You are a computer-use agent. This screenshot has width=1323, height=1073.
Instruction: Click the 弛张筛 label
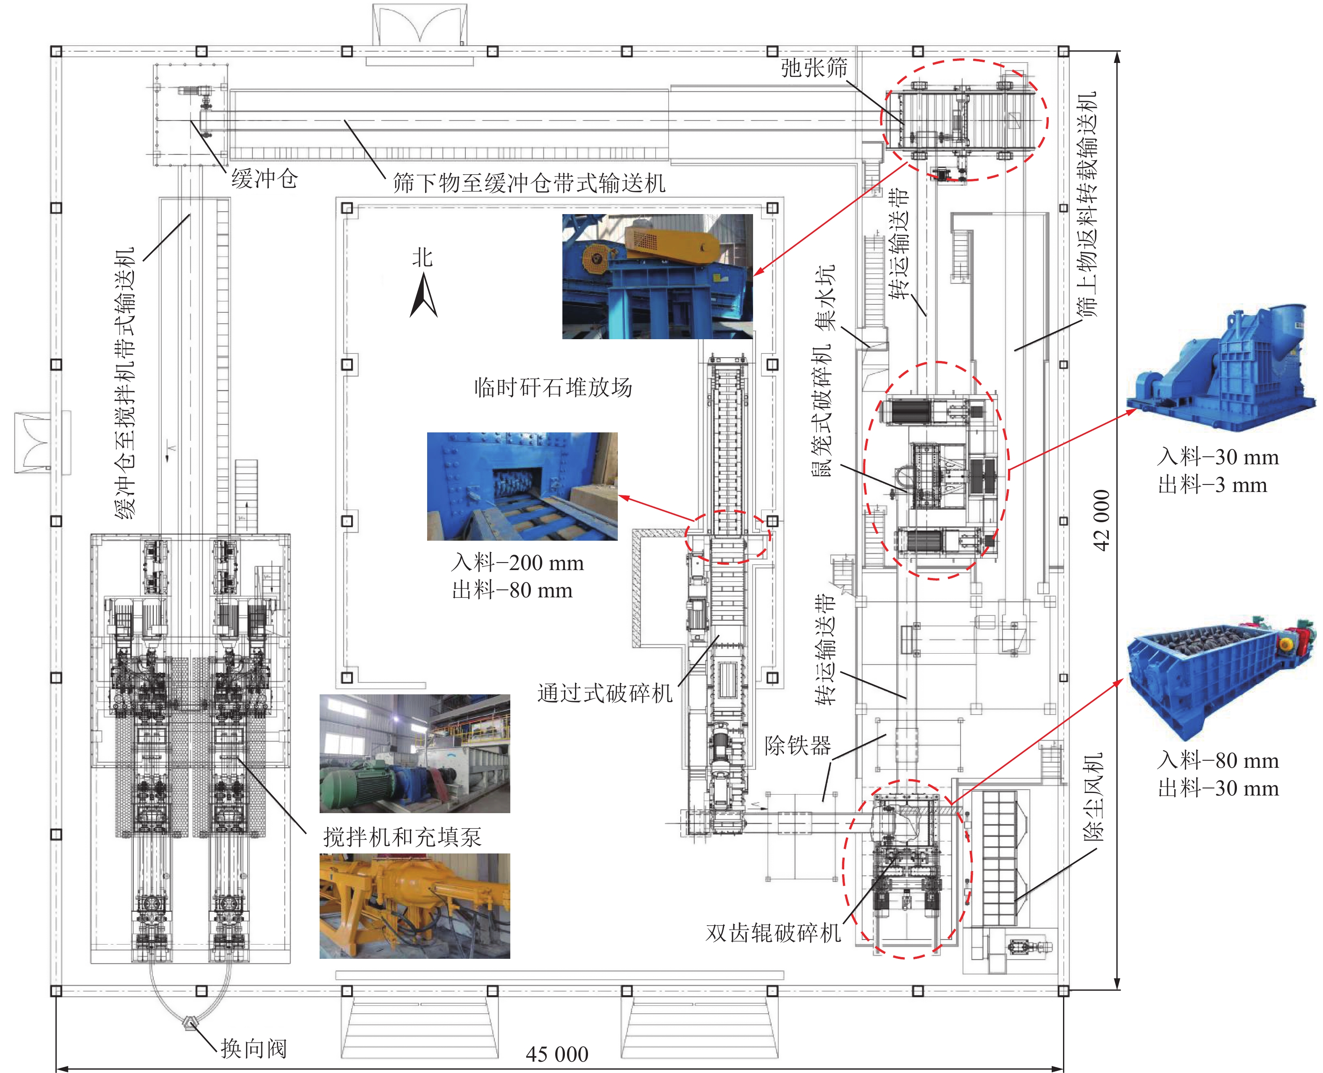(814, 67)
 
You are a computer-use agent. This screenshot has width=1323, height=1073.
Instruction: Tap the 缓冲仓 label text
(265, 179)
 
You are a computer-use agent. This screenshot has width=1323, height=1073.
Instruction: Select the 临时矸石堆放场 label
(553, 387)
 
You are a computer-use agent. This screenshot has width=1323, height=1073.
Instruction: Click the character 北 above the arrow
(423, 257)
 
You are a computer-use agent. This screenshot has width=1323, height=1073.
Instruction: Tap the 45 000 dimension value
(556, 1054)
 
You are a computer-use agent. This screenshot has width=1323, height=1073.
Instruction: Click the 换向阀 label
(254, 1048)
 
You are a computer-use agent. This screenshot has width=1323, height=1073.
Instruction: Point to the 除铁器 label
(798, 746)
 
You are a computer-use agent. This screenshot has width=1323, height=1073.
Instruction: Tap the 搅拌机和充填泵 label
(402, 837)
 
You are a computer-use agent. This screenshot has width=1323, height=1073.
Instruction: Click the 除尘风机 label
(1092, 797)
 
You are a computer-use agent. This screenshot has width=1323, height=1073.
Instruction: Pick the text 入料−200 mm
(517, 563)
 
